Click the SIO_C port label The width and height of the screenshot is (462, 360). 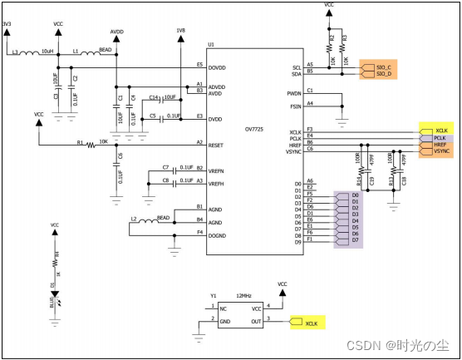[x=384, y=67]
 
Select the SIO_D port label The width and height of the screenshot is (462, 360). [x=384, y=74]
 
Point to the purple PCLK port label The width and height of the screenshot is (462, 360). [x=440, y=138]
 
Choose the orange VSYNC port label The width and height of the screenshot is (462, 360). [x=441, y=152]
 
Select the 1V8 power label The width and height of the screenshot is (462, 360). [x=181, y=32]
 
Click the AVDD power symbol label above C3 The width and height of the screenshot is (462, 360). [x=116, y=32]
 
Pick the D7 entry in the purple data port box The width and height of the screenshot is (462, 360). [x=355, y=240]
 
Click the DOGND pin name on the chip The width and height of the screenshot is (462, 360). [x=218, y=235]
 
